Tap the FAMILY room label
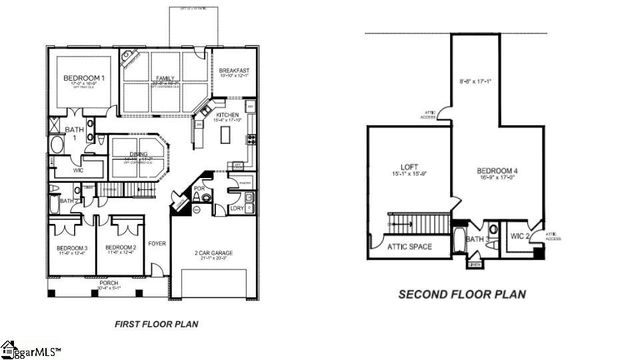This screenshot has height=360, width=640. pyautogui.click(x=165, y=77)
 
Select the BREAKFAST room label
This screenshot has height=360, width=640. pyautogui.click(x=236, y=70)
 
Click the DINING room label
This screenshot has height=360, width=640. pyautogui.click(x=140, y=154)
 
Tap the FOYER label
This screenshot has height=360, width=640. pyautogui.click(x=157, y=241)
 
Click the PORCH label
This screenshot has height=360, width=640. pyautogui.click(x=108, y=283)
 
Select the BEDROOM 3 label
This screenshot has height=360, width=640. pyautogui.click(x=72, y=247)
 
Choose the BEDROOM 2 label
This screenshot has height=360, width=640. pyautogui.click(x=120, y=247)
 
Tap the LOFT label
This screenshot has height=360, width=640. pyautogui.click(x=407, y=169)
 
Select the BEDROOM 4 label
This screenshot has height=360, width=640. pyautogui.click(x=497, y=169)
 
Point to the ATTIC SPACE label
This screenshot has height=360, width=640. pyautogui.click(x=409, y=246)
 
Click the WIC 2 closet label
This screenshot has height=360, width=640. pyautogui.click(x=519, y=236)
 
